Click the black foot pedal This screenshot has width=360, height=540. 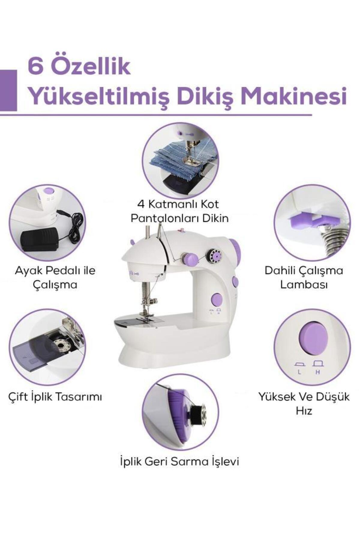39,239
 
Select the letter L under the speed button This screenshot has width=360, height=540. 299,372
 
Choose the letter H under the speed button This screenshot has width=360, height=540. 318,372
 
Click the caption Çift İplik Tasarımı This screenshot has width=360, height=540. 55,397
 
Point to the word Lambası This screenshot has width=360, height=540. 304,284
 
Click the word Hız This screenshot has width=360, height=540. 304,411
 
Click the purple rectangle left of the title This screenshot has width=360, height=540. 8,90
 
